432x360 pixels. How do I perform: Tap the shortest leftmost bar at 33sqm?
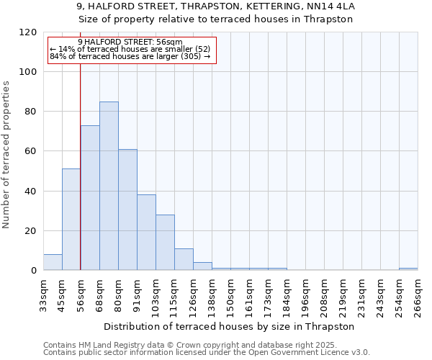[x=53, y=262]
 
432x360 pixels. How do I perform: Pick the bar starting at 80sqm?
[x=127, y=210]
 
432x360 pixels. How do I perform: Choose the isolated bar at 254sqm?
[x=408, y=269]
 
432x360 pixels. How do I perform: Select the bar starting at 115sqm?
[x=184, y=259]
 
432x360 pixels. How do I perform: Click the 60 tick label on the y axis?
[x=31, y=151]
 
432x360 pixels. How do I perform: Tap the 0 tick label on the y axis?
[x=34, y=271]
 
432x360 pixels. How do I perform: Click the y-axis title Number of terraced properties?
[x=7, y=155]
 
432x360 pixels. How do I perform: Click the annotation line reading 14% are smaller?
[x=130, y=49]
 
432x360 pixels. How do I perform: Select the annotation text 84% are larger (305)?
[x=130, y=56]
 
